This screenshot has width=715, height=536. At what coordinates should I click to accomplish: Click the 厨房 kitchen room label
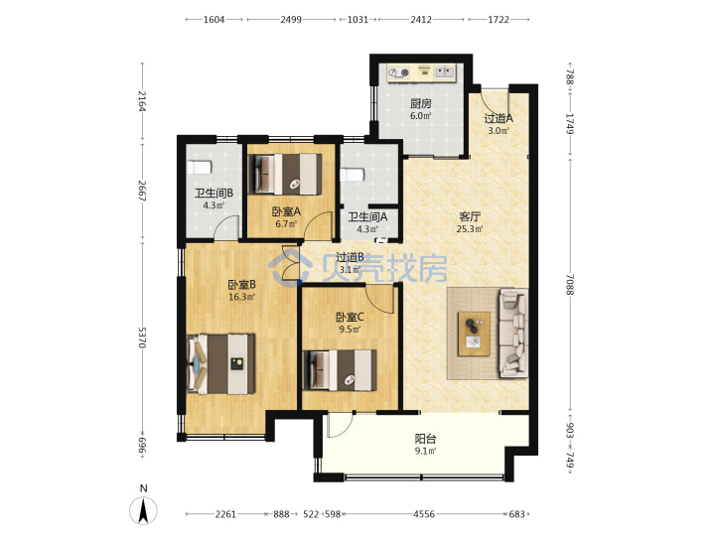click(420, 103)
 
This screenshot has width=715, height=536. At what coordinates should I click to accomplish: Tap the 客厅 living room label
click(470, 216)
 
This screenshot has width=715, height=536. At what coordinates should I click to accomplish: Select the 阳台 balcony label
click(425, 439)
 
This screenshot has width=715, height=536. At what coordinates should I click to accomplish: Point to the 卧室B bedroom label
click(241, 285)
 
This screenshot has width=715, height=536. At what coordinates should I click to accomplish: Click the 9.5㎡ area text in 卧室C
click(350, 330)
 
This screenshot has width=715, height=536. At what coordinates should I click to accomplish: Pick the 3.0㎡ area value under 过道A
click(499, 130)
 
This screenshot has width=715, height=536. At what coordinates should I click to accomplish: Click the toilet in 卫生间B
click(199, 168)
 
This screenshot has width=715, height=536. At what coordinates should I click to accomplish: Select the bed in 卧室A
click(285, 174)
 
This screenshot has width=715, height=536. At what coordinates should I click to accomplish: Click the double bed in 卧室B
click(221, 363)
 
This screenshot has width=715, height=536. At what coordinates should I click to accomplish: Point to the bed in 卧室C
click(341, 369)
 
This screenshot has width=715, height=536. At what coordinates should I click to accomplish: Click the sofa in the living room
click(514, 333)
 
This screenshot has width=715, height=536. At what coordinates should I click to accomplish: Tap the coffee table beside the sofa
click(474, 335)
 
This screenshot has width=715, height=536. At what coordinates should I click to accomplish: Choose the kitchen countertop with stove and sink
click(421, 73)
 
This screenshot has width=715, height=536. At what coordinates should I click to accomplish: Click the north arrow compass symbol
click(143, 510)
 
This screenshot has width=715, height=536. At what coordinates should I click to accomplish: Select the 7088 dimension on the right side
click(570, 285)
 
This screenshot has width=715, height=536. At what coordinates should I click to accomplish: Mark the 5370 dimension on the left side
click(143, 337)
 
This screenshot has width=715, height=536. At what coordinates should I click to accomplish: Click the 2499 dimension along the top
click(291, 20)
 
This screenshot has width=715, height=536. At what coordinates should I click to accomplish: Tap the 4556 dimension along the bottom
click(424, 514)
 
